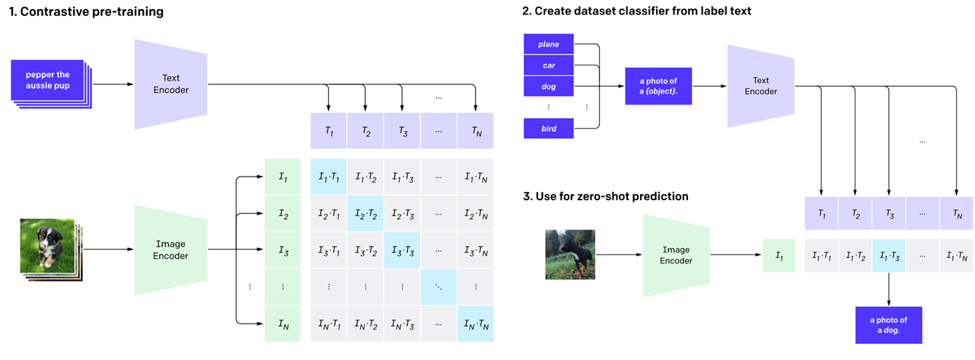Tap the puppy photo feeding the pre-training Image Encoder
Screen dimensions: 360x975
47,245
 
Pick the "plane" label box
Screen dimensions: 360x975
547,45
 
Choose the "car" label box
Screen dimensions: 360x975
547,65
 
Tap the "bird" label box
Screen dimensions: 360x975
547,129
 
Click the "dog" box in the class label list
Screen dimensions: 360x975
547,87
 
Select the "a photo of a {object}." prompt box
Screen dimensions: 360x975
658,86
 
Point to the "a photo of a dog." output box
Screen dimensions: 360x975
888,324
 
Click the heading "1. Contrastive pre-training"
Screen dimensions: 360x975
86,12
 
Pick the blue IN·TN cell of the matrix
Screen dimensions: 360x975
476,324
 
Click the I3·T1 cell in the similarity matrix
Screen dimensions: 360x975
328,250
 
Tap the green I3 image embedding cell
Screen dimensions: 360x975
282,250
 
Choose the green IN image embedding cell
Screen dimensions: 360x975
282,324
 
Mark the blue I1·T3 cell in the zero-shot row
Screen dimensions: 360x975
888,255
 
